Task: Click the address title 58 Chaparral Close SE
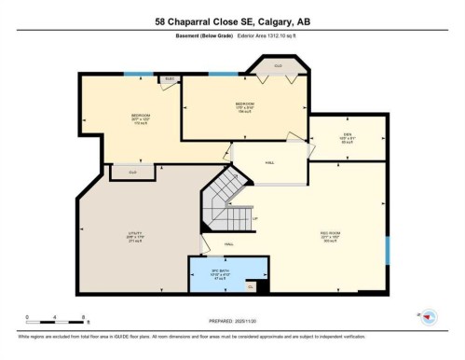click(x=232, y=21)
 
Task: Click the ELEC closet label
click(x=170, y=79)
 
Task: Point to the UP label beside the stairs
click(x=255, y=219)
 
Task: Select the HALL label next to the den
click(x=269, y=163)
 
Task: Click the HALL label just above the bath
click(x=228, y=244)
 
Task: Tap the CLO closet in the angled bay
click(x=278, y=66)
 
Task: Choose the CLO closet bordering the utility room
click(x=132, y=172)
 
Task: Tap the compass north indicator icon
click(x=429, y=317)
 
